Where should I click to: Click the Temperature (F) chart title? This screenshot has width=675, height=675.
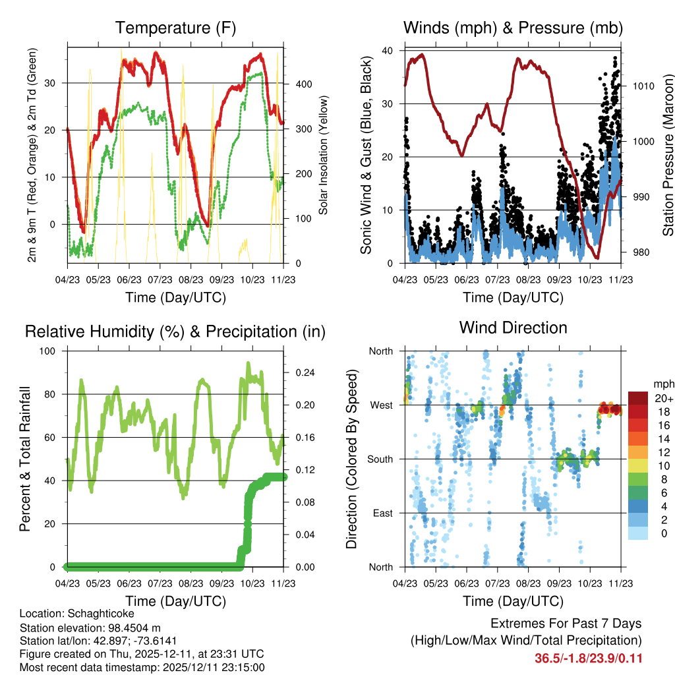[x=175, y=28]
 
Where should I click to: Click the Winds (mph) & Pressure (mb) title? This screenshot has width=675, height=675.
[x=513, y=28]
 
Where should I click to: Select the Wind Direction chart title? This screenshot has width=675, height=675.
[x=513, y=327]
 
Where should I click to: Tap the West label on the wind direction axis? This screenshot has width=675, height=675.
[x=381, y=405]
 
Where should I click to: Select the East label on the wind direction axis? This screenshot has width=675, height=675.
[x=382, y=514]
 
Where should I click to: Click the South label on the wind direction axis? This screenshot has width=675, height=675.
[x=380, y=459]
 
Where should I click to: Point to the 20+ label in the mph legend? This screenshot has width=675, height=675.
[x=663, y=399]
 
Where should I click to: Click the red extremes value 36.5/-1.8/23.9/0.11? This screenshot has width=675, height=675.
[x=589, y=659]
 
